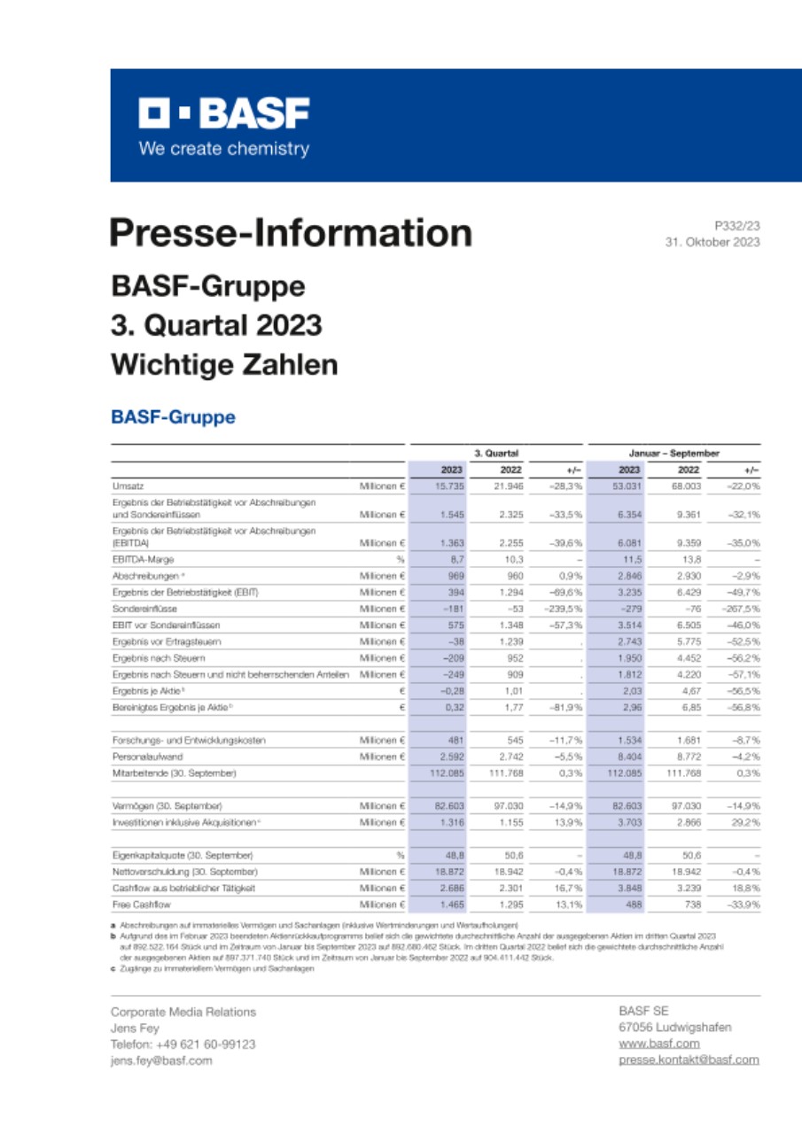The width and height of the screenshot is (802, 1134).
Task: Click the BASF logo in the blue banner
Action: coord(223,113)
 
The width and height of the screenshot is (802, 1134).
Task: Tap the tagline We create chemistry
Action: coord(223,149)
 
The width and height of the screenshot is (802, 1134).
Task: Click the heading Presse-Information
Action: coord(291,233)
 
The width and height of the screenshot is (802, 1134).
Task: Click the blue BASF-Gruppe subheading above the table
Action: coord(173,416)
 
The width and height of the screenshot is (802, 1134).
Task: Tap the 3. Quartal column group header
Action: coord(496,453)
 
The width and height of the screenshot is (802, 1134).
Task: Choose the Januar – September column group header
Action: coord(674,453)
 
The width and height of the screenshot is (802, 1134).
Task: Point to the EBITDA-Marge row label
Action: coord(143,559)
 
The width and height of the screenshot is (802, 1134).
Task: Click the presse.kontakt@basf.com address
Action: coord(689,1060)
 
